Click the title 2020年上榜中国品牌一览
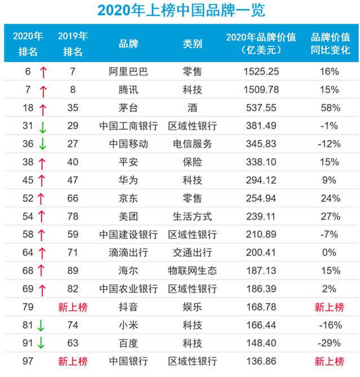(180, 11)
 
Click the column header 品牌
(128, 44)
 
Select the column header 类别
(193, 44)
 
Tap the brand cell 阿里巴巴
(128, 72)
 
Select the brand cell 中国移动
(128, 144)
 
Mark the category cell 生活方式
(193, 216)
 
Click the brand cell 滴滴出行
(128, 252)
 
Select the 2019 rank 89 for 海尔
(73, 270)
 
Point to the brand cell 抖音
(128, 307)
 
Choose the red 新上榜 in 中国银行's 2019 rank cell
(73, 361)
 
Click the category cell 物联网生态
(193, 270)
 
